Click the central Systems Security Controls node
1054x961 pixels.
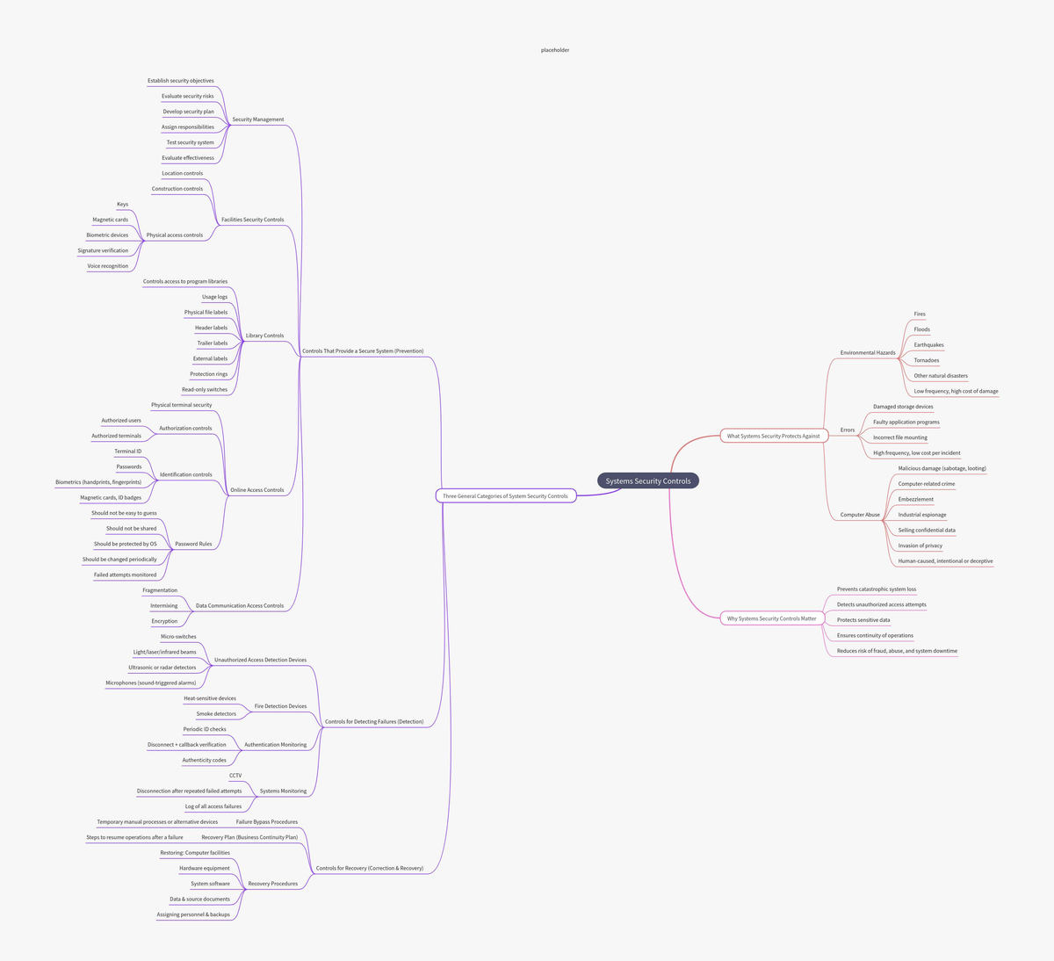[x=648, y=480]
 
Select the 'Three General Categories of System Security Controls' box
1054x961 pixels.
[x=505, y=495]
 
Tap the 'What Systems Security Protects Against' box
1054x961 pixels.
[x=774, y=436]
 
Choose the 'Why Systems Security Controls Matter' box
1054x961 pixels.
[x=771, y=618]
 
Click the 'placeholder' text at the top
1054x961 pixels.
[x=555, y=50]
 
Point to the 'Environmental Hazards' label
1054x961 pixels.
[x=868, y=353]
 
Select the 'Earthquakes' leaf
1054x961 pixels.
[x=928, y=345]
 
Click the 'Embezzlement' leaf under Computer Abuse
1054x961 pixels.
[x=916, y=499]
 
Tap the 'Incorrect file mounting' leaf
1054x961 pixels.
[x=900, y=437]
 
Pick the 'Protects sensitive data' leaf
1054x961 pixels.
[x=863, y=620]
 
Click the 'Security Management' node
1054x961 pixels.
[x=258, y=119]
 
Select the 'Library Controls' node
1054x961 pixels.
[x=264, y=336]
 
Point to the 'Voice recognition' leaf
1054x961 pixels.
[x=108, y=266]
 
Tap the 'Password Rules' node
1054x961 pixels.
[x=193, y=544]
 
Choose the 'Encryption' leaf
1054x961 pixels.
[x=164, y=621]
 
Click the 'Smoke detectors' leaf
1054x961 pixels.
[x=216, y=713]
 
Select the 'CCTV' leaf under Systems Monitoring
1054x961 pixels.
[x=235, y=776]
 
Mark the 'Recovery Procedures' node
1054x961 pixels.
[x=272, y=883]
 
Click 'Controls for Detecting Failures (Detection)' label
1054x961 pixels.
[x=374, y=721]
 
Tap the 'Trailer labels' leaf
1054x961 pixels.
[x=213, y=343]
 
